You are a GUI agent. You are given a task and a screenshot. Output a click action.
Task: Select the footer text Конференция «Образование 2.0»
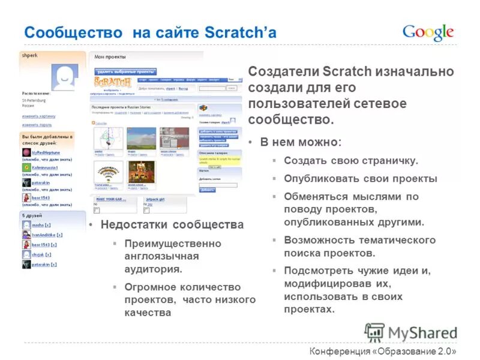tap(383, 351)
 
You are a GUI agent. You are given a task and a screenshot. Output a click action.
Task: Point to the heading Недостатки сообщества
tap(172, 225)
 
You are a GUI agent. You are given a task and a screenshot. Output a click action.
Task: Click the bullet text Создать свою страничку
tap(350, 161)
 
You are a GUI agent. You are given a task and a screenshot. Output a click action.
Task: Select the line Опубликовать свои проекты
tap(361, 179)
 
